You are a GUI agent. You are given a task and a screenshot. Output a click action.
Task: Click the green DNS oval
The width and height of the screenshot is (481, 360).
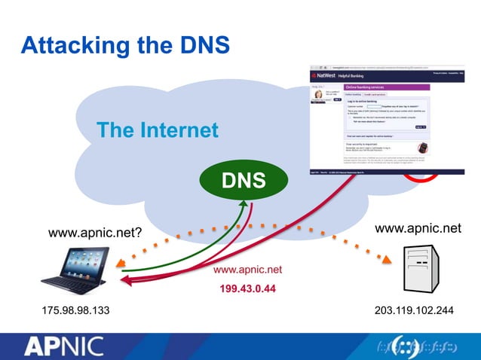click(244, 180)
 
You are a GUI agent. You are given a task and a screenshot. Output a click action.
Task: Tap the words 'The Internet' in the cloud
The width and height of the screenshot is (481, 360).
click(157, 130)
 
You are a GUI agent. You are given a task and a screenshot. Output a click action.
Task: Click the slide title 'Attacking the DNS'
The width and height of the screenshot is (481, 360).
click(124, 45)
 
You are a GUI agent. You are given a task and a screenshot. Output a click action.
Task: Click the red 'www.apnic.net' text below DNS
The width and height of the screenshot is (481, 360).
click(247, 270)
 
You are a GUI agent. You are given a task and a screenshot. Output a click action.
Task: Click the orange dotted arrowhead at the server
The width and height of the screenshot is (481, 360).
click(388, 261)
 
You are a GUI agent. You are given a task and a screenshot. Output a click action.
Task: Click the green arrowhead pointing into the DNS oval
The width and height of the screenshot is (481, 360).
click(240, 203)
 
